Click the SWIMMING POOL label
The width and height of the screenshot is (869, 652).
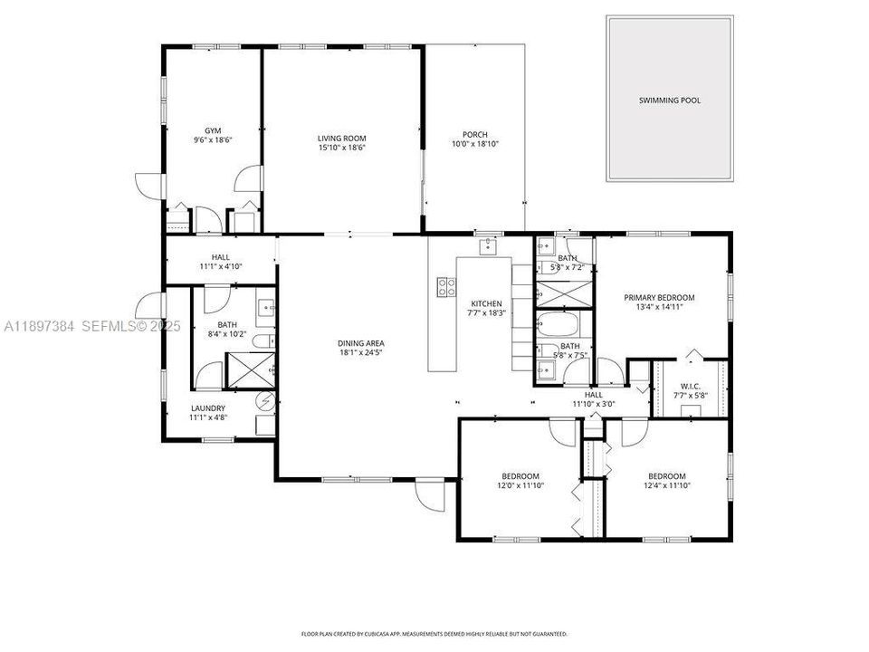point(669,101)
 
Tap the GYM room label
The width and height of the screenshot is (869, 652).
point(213,130)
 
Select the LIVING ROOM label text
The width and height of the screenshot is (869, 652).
point(341,138)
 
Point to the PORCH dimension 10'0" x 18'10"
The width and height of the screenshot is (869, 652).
point(475,144)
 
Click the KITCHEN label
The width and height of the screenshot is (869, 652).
point(486,303)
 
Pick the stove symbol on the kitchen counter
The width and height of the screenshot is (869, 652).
point(446,287)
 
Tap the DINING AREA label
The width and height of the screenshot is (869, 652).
point(361,343)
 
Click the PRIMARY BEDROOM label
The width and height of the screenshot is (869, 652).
point(659,297)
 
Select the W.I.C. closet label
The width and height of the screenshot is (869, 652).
point(690,387)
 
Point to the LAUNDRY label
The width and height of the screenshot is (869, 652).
point(207,407)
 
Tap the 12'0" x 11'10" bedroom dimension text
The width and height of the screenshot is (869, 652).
point(520,485)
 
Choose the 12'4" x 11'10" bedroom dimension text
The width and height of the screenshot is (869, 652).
point(666,485)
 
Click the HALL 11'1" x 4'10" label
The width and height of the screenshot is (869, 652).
point(220,267)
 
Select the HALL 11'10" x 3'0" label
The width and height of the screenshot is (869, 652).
point(593,405)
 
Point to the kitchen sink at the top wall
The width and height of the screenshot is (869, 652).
point(487,244)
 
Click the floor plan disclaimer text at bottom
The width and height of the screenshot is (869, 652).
point(434,634)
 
